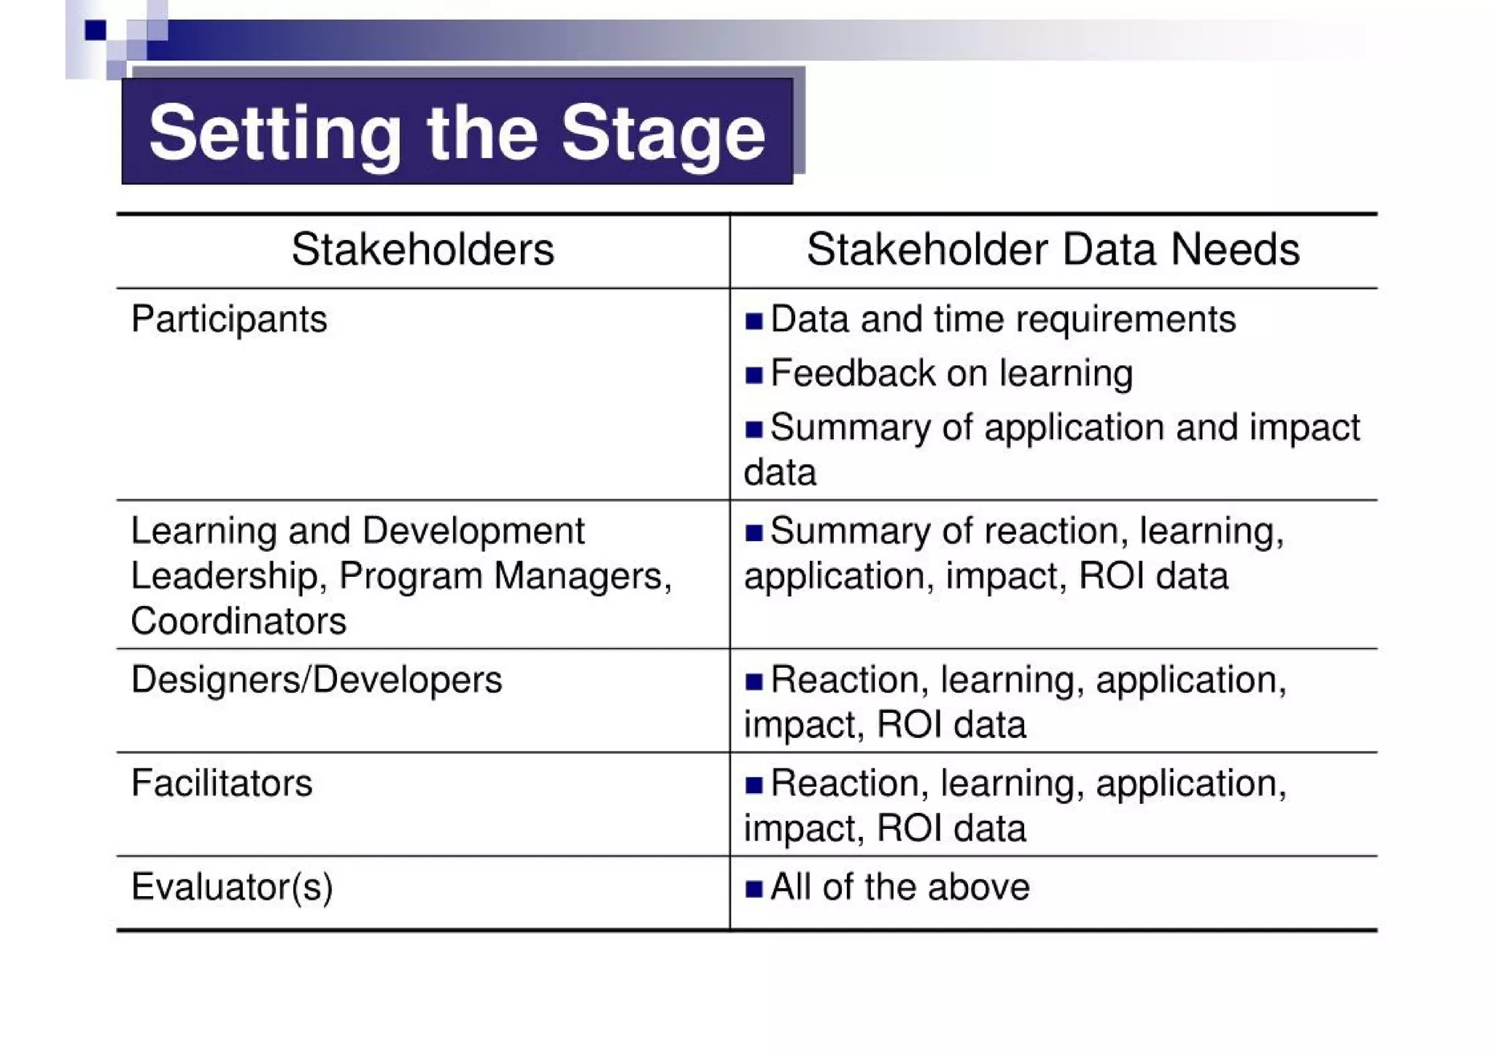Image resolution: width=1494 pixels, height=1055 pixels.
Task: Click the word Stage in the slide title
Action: [663, 133]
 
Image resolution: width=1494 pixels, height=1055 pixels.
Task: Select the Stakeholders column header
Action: [422, 249]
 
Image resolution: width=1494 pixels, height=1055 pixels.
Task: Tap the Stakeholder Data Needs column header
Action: [1053, 249]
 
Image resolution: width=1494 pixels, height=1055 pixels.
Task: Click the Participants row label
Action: [229, 319]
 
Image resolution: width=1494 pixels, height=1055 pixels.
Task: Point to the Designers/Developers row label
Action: [317, 680]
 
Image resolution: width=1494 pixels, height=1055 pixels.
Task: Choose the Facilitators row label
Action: [222, 784]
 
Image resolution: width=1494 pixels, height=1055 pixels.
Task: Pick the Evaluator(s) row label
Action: [232, 887]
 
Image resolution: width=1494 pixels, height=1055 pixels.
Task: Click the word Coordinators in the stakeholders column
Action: [239, 621]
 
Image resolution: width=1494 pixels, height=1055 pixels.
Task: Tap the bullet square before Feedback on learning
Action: [754, 375]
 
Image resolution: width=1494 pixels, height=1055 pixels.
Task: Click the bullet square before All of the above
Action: [754, 889]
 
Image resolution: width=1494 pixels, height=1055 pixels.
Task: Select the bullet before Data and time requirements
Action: [754, 321]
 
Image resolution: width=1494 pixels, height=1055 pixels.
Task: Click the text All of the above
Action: [900, 887]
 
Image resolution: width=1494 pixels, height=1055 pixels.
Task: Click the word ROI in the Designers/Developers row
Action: [909, 725]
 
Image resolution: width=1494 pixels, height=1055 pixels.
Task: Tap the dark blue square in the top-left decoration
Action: [95, 30]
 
